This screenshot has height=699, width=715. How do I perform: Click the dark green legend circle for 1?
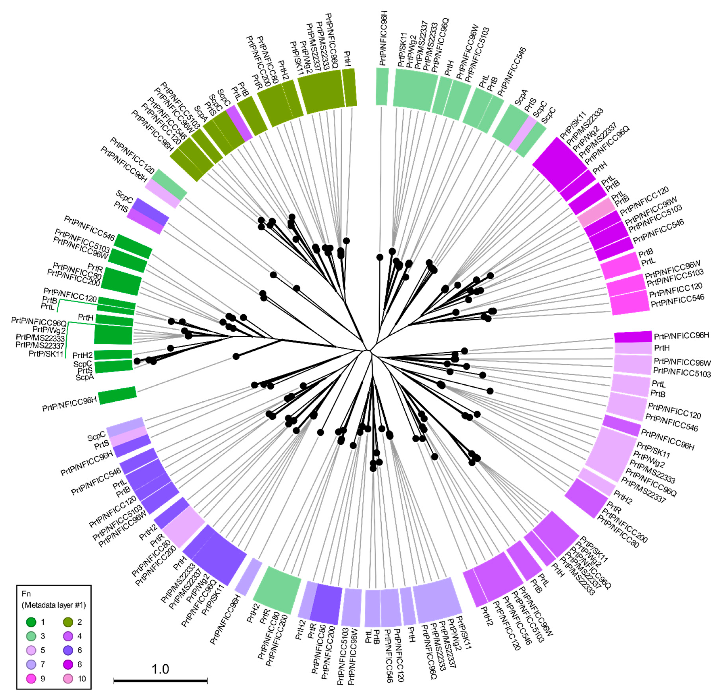click(31, 622)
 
